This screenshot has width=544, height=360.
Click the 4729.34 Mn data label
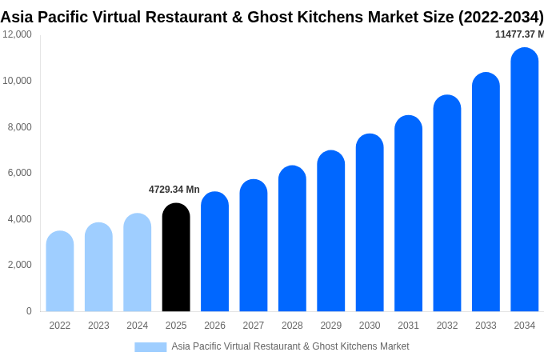click(174, 190)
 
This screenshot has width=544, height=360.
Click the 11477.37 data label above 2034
click(519, 34)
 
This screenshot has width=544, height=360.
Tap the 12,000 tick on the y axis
click(17, 34)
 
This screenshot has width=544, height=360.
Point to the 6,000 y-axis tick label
click(19, 173)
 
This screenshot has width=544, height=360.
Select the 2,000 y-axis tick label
click(19, 265)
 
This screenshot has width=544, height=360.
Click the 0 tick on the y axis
click(29, 311)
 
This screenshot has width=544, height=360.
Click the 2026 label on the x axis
click(214, 326)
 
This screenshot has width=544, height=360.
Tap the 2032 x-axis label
click(447, 326)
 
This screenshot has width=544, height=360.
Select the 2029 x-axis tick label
click(330, 326)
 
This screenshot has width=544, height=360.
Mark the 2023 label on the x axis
click(98, 326)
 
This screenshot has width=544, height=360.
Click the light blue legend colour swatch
click(150, 347)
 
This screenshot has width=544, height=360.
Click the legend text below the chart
click(290, 346)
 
